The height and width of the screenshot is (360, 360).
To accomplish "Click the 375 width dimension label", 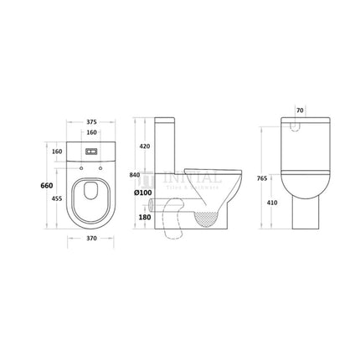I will click(x=91, y=121).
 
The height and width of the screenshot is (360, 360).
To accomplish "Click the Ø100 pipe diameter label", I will click(x=142, y=193).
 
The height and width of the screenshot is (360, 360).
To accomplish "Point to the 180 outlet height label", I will click(x=145, y=217).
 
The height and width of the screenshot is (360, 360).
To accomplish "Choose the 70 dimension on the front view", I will click(x=302, y=110).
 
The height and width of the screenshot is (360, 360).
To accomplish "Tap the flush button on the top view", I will click(x=91, y=152).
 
